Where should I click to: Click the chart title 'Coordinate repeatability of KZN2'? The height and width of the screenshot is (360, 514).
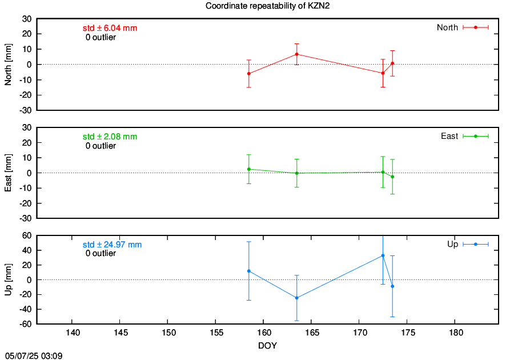click(267, 6)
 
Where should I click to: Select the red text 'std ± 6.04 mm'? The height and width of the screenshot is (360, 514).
click(110, 28)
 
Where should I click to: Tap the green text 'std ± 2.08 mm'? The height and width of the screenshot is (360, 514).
click(110, 137)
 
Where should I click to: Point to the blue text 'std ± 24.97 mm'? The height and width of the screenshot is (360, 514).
click(112, 245)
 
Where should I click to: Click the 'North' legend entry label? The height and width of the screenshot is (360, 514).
click(447, 27)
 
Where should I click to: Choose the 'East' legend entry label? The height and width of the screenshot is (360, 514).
click(449, 136)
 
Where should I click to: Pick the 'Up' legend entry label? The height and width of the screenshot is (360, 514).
click(452, 244)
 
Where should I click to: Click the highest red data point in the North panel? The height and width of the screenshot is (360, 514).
click(296, 54)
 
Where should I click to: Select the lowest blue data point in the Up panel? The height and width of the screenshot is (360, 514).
click(296, 298)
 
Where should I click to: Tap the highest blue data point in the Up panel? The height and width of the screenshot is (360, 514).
click(383, 255)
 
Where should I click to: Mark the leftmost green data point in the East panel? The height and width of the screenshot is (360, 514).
click(249, 169)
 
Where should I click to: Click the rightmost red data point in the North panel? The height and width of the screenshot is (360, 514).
click(392, 63)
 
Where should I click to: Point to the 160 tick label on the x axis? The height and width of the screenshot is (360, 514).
click(264, 333)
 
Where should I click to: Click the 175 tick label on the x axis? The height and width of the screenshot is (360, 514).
click(408, 333)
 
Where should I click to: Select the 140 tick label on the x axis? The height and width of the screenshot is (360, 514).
click(73, 333)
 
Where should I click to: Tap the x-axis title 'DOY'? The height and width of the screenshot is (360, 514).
click(267, 346)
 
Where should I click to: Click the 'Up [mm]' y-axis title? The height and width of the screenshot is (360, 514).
click(8, 279)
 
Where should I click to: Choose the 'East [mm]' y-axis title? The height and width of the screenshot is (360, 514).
click(8, 173)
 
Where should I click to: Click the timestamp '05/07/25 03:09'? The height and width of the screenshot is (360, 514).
click(34, 356)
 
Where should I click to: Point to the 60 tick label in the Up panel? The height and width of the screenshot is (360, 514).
click(27, 235)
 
